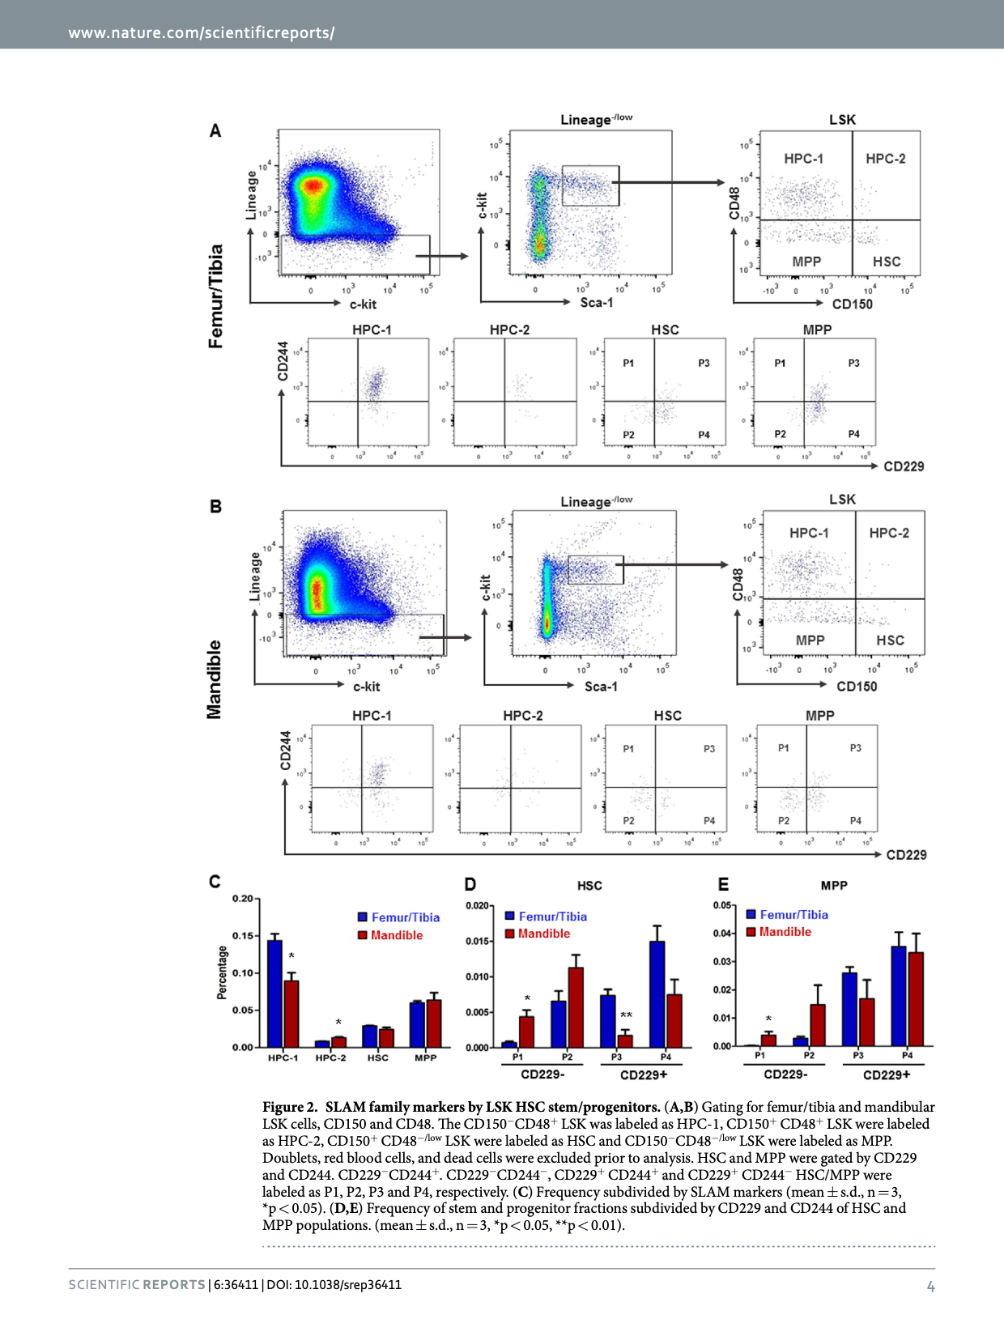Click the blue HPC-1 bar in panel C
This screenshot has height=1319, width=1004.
[274, 993]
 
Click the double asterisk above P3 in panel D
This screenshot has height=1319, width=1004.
[626, 1015]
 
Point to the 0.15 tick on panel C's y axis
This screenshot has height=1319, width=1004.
[243, 936]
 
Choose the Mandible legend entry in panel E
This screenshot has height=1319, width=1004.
[785, 932]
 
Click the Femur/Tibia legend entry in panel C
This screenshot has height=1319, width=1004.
[405, 917]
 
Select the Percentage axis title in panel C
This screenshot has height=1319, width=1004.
[222, 972]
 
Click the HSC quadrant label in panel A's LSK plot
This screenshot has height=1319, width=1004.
[887, 262]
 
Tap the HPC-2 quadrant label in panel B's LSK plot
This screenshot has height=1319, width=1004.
[889, 533]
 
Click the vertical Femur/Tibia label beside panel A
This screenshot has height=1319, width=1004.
[215, 296]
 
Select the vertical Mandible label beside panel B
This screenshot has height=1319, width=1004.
[214, 679]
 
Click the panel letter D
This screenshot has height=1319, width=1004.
[470, 884]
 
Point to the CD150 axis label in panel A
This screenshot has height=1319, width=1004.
[852, 304]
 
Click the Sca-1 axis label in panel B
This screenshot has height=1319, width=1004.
[601, 687]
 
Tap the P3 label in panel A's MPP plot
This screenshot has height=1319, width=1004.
[853, 364]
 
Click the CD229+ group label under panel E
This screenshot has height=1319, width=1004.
[886, 1074]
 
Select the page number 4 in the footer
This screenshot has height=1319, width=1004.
[930, 1287]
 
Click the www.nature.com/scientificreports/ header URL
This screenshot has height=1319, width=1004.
[202, 33]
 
